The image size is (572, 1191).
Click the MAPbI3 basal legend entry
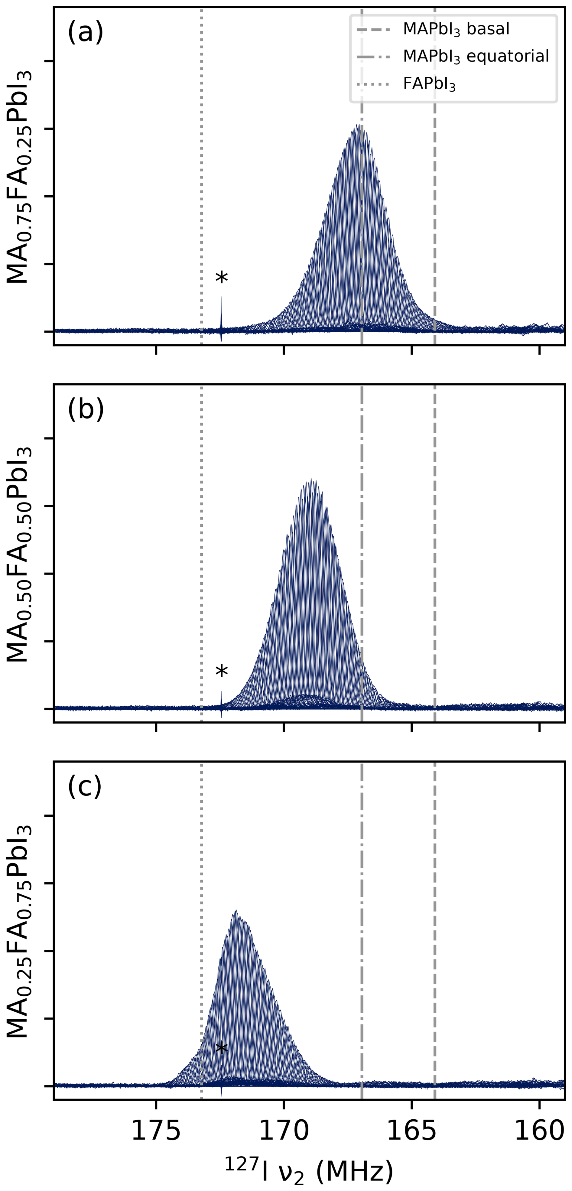456,29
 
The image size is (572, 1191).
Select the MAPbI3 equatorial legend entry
475,57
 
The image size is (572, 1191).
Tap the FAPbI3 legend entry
429,84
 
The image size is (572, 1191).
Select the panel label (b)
86,409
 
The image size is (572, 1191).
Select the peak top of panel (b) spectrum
312,480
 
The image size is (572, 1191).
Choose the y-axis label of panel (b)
19,554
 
